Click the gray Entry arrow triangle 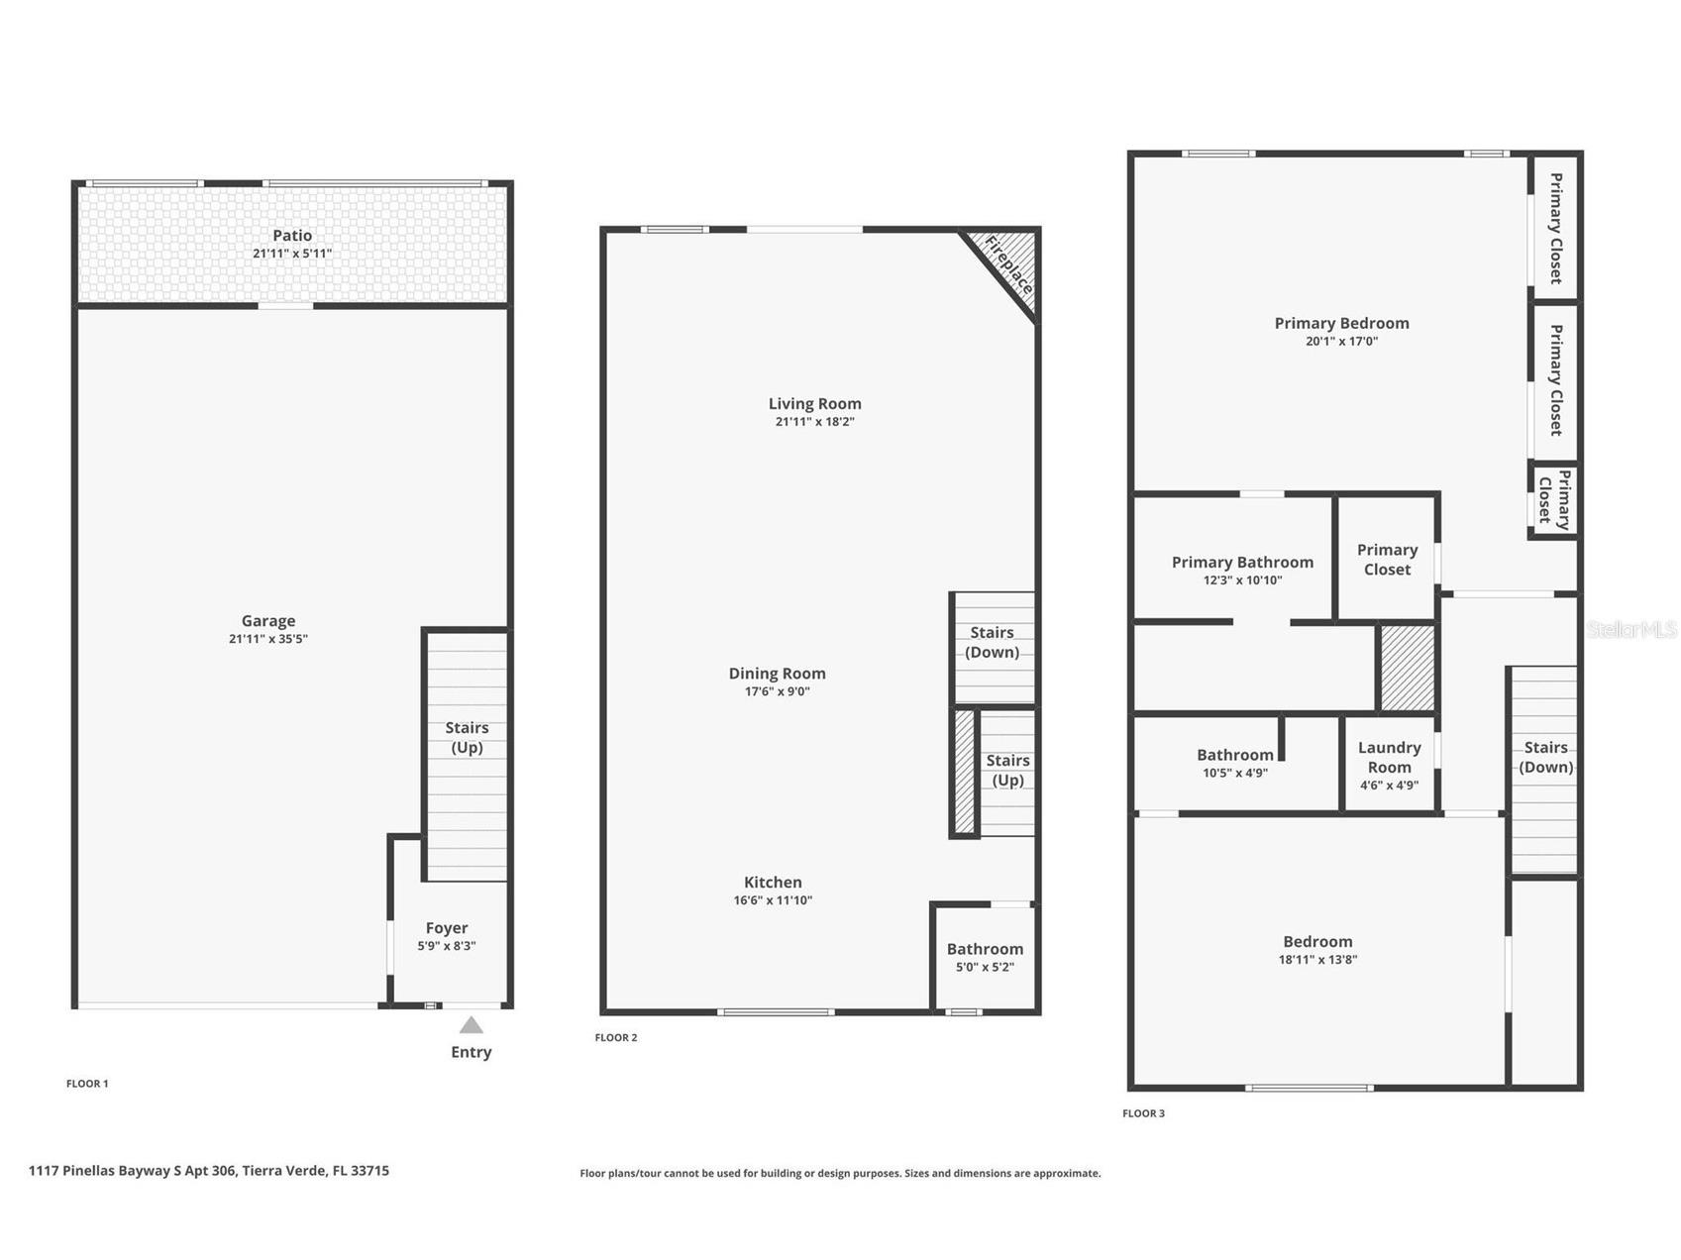472,1026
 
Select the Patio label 292,236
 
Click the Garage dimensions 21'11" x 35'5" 268,639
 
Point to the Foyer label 447,928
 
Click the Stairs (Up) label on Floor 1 467,737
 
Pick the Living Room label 814,403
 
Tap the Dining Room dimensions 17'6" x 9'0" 778,691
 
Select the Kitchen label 773,882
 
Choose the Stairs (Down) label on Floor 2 993,642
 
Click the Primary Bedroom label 1341,323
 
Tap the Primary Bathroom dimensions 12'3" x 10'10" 1242,580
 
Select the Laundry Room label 1389,757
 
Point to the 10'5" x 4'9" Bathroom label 1234,755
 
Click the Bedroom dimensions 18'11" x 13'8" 1317,959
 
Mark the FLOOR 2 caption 616,1037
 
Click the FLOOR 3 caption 1143,1113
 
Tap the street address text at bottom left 209,1171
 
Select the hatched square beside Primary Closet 1407,668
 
